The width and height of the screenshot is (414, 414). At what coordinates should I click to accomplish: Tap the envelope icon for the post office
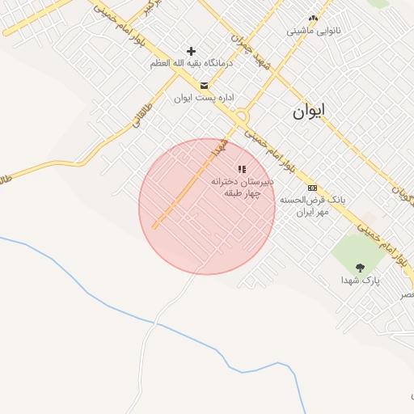coord(203,85)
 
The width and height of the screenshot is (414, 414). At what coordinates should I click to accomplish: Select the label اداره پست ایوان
coord(204,98)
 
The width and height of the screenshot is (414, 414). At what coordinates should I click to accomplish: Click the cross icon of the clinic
coord(192,51)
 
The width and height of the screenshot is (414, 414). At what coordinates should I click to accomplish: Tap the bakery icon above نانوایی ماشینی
coord(314,18)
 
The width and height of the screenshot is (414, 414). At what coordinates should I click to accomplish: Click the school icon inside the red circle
coord(242,169)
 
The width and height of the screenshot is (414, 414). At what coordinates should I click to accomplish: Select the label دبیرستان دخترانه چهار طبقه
coord(243,188)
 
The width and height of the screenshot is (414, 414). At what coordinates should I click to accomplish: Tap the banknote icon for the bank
coord(313,188)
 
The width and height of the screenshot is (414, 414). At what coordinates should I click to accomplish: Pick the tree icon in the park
coord(360,268)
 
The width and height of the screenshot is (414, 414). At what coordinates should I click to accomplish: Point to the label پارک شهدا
coord(360,281)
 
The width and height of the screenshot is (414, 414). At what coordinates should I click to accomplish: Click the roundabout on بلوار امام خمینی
coord(242,116)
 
